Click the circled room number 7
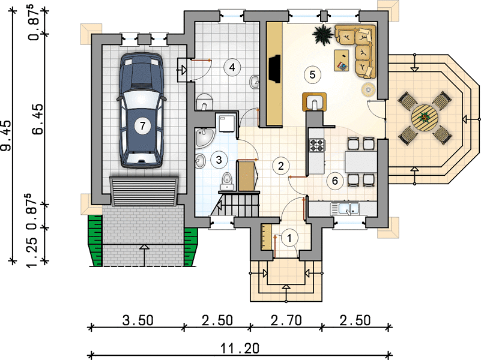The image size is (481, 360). [x=142, y=125]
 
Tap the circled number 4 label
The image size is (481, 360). [x=232, y=67]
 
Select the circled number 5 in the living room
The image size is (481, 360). [x=312, y=74]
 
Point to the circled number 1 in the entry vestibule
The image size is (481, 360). [x=289, y=238]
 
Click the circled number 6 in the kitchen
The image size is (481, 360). [x=334, y=181]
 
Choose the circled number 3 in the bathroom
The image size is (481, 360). [x=219, y=160]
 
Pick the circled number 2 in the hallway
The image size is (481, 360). [x=280, y=166]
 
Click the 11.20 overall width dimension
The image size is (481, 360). [x=240, y=349]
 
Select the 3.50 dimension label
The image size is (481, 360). [x=138, y=320]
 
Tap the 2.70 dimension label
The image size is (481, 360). [x=286, y=320]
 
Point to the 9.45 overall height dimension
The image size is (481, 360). [x=6, y=136]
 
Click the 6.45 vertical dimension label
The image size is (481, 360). [x=38, y=119]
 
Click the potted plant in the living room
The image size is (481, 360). [x=322, y=34]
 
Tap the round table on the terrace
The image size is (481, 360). [x=425, y=118]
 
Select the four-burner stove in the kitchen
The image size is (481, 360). [x=318, y=145]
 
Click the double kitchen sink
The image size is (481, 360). [x=345, y=209]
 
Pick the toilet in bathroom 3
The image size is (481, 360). [x=227, y=181]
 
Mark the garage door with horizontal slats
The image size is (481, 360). [x=144, y=191]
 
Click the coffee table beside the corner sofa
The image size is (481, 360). [x=342, y=61]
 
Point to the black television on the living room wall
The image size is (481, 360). [x=274, y=69]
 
